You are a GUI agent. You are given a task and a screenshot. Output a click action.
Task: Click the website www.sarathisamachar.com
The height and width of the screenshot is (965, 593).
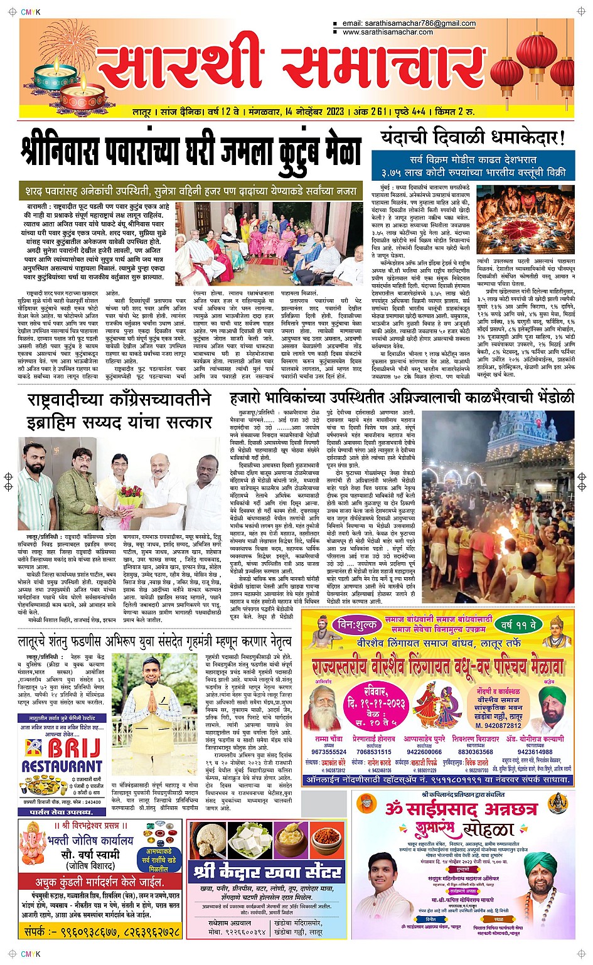click(x=387, y=32)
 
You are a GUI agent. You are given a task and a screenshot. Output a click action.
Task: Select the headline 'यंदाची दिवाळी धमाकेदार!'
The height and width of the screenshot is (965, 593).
click(x=473, y=137)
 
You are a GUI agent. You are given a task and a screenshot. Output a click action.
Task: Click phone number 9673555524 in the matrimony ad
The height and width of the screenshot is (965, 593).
click(x=329, y=752)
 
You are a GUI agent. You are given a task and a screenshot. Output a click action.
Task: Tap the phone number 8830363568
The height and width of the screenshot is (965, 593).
click(x=476, y=752)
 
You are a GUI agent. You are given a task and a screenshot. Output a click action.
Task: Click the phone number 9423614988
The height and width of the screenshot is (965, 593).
click(x=535, y=752)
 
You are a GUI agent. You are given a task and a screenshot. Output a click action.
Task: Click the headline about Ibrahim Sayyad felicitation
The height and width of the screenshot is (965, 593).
click(x=119, y=410)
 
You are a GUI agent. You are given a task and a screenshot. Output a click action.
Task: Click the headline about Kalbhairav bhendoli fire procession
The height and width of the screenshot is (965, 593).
click(x=402, y=397)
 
